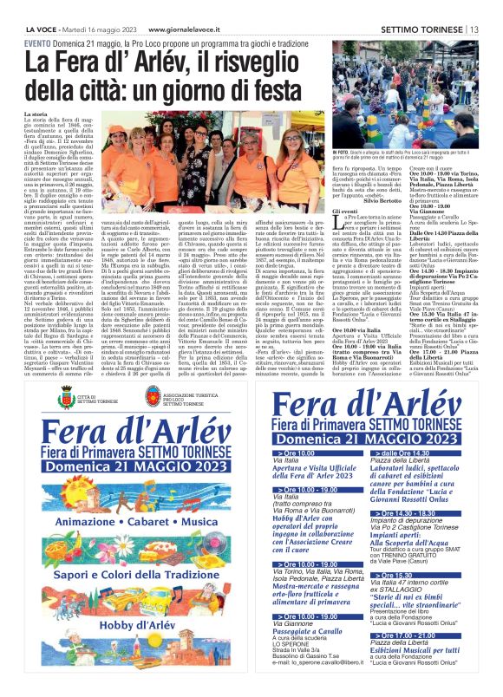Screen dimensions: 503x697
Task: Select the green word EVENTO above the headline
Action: pyautogui.click(x=37, y=19)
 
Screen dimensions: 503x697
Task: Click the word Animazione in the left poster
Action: pyautogui.click(x=88, y=522)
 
